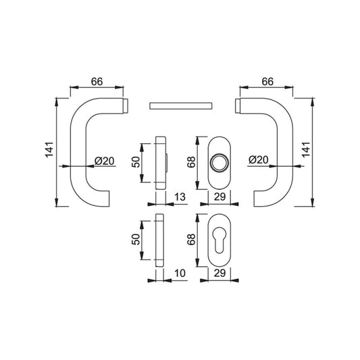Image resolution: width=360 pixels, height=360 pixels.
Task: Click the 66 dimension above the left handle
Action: point(97,82)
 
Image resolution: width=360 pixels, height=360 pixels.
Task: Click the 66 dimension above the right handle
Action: point(267,82)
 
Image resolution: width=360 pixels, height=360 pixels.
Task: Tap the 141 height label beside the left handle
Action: point(49,150)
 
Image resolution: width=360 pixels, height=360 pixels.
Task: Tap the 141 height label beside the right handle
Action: point(306,150)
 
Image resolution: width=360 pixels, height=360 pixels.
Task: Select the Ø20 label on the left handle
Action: point(105,161)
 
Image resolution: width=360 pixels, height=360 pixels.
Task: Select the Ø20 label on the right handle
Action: point(259,159)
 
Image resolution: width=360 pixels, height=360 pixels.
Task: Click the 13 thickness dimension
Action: point(180,197)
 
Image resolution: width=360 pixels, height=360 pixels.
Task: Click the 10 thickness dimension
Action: point(180,274)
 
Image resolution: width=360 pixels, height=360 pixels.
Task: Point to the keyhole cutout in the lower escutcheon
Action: point(220,240)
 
